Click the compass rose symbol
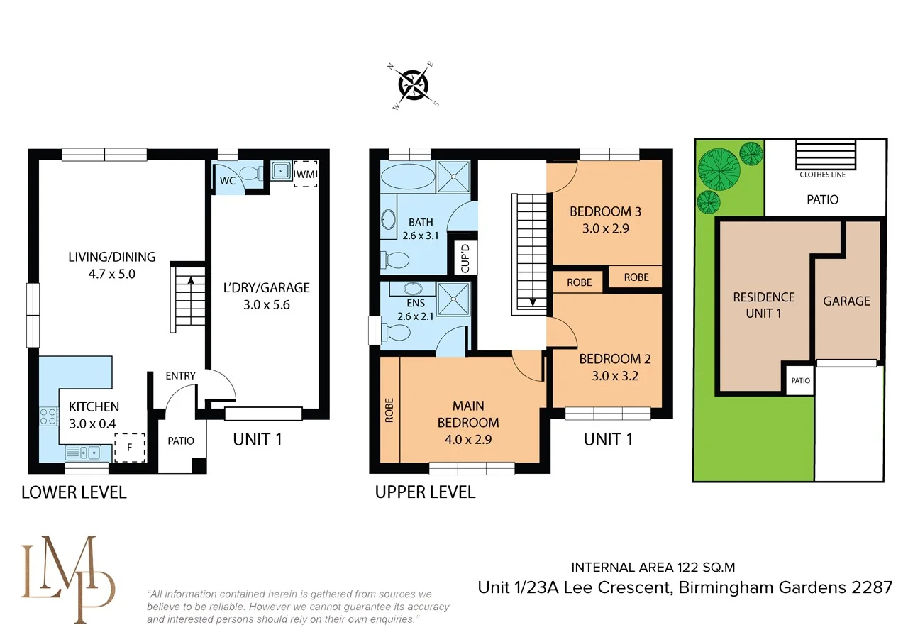[x=415, y=84]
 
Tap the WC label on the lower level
[x=227, y=181]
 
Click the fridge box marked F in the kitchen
[x=128, y=448]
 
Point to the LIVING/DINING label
[x=111, y=257]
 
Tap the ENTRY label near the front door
[x=180, y=375]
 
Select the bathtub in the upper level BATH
[x=407, y=176]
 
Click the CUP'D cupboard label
[x=466, y=259]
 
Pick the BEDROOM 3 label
[x=605, y=211]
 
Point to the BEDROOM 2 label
[x=614, y=359]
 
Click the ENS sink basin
[x=408, y=289]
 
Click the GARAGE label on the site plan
[x=846, y=301]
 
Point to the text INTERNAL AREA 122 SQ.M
[x=653, y=567]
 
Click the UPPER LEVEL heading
[x=425, y=492]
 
